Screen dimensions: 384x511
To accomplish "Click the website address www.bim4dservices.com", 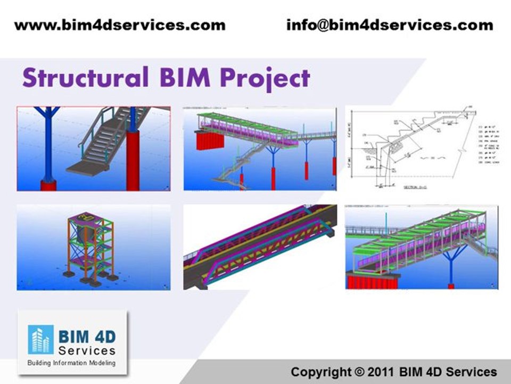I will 120,25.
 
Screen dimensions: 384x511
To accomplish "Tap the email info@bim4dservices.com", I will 390,25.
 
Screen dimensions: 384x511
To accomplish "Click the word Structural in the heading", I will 85,78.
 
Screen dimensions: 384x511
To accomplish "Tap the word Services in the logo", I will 87,350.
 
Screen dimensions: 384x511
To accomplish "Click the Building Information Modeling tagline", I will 71,363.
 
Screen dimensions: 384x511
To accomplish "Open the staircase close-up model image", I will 94,148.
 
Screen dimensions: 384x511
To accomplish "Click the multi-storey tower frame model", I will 94,247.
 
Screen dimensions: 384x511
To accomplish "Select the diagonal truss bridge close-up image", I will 260,247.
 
